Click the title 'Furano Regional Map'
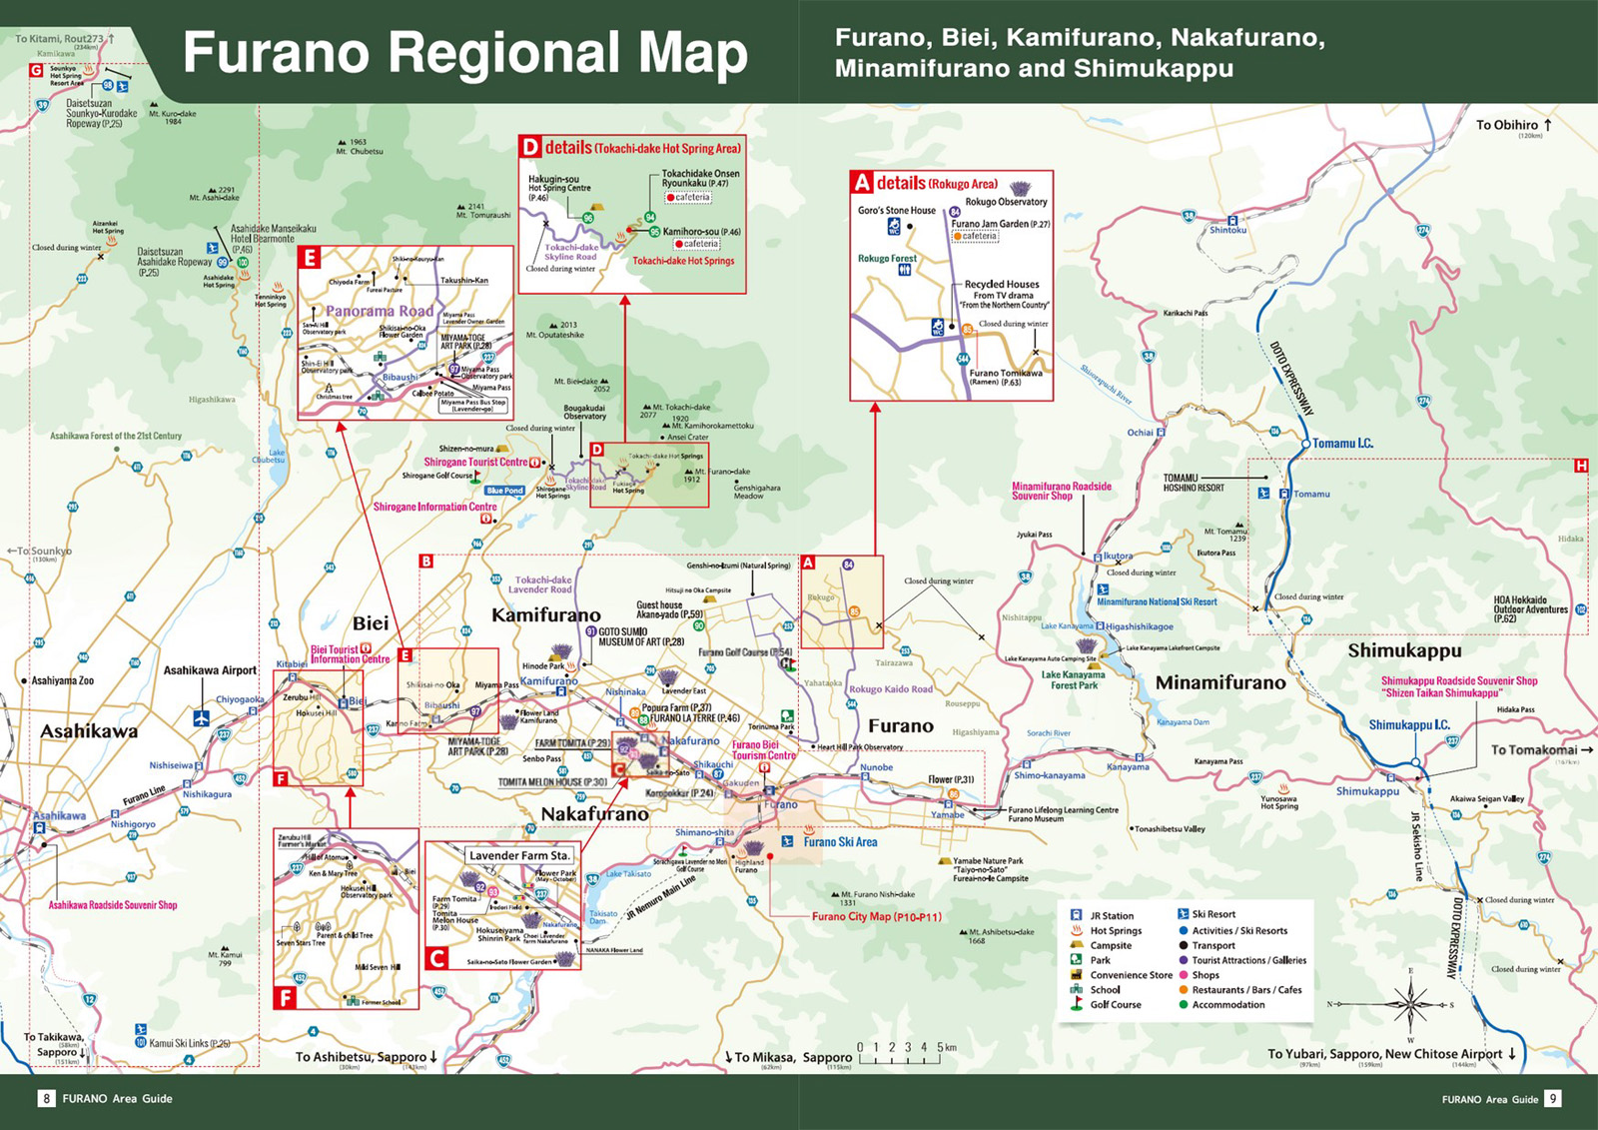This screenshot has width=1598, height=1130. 465,53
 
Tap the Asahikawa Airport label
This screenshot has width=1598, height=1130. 210,670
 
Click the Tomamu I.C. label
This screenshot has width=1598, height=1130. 1342,443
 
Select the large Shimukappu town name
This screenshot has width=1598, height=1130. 1404,650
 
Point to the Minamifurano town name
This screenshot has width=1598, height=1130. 1220,683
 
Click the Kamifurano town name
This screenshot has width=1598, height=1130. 545,615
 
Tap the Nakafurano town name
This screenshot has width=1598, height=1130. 594,814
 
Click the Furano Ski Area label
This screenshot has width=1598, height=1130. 840,842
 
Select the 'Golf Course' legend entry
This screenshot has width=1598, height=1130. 1115,1005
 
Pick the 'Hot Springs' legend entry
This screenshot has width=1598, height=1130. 1115,930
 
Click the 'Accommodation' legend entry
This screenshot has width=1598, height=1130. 1227,1005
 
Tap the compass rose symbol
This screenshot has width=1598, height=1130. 1409,1002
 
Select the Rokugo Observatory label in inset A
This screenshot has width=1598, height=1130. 1006,202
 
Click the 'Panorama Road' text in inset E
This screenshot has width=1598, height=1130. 380,311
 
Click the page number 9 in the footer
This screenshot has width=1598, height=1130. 1552,1099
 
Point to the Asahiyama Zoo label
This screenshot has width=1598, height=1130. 62,680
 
